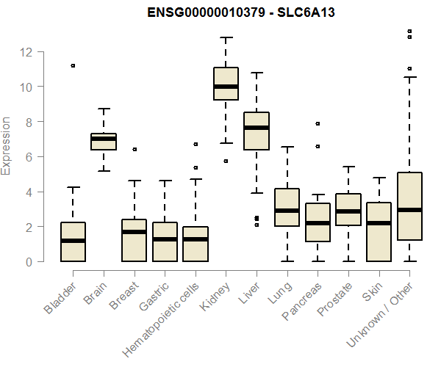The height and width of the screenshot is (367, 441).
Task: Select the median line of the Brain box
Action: (x=104, y=139)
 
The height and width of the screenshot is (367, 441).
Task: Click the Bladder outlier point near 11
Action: (x=73, y=66)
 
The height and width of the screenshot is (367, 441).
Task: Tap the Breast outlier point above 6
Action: (x=134, y=149)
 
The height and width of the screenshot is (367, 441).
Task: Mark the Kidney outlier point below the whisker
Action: (x=226, y=161)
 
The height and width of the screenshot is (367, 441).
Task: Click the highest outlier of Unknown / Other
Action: (x=409, y=32)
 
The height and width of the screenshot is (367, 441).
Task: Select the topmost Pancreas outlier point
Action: (x=318, y=123)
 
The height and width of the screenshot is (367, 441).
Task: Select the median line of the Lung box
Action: (x=287, y=211)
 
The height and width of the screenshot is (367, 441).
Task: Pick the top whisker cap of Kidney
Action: (x=226, y=37)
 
